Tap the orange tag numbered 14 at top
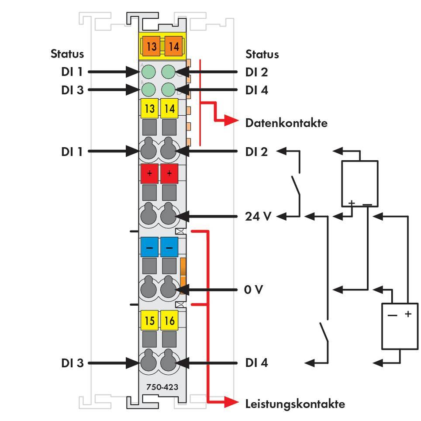click(173, 46)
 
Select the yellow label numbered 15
click(149, 321)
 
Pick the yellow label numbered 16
click(169, 321)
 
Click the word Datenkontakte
click(286, 123)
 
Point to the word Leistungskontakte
click(295, 404)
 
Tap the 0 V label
click(253, 290)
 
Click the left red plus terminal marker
click(149, 174)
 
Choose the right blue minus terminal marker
click(169, 248)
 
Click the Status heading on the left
click(67, 54)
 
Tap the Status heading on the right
click(262, 54)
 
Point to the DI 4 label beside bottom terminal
click(256, 363)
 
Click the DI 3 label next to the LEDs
click(72, 90)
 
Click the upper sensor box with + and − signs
click(359, 183)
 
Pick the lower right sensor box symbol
click(400, 326)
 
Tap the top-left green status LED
click(149, 71)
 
